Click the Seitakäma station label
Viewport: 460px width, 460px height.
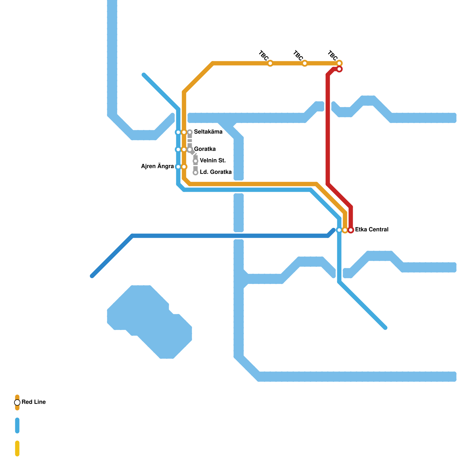pyautogui.click(x=208, y=132)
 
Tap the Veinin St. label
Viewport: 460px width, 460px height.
pyautogui.click(x=213, y=161)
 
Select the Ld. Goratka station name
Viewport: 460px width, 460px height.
pyautogui.click(x=216, y=172)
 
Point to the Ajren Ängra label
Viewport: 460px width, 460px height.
pyautogui.click(x=157, y=166)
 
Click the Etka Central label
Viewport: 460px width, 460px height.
pyautogui.click(x=372, y=230)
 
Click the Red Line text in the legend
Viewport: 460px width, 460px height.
pyautogui.click(x=34, y=402)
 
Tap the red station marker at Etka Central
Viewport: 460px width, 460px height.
pyautogui.click(x=351, y=230)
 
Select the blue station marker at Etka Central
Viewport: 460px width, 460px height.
pyautogui.click(x=339, y=230)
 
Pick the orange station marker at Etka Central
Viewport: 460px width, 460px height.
pyautogui.click(x=345, y=230)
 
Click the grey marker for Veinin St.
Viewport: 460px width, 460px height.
pyautogui.click(x=195, y=161)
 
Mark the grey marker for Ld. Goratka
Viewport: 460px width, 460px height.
pyautogui.click(x=195, y=172)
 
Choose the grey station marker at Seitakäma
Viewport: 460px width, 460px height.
pyautogui.click(x=190, y=132)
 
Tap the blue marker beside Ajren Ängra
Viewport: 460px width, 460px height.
pyautogui.click(x=178, y=167)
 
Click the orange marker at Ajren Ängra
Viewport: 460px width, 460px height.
pyautogui.click(x=184, y=167)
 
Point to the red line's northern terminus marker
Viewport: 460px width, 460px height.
pyautogui.click(x=339, y=69)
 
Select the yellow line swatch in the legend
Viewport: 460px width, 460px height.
pyautogui.click(x=17, y=448)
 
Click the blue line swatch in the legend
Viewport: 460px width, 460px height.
pyautogui.click(x=17, y=425)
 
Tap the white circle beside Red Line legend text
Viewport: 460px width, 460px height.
pyautogui.click(x=17, y=402)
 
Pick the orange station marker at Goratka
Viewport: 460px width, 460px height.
pyautogui.click(x=184, y=149)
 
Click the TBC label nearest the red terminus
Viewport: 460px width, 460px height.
pyautogui.click(x=333, y=55)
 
